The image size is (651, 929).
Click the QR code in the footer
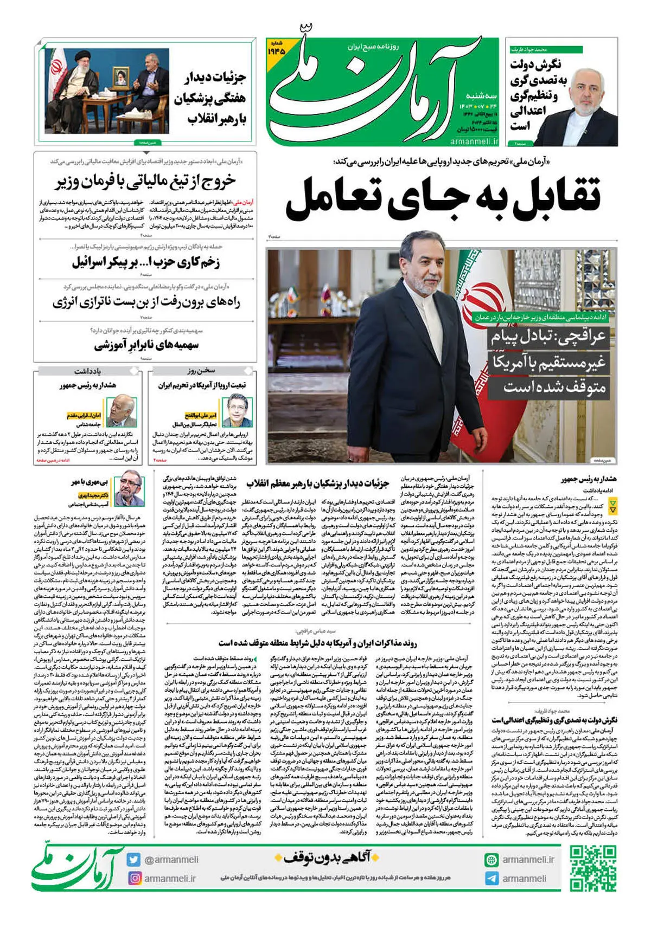593,868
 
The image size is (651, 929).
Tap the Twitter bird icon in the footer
134,860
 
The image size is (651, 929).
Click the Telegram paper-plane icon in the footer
492,879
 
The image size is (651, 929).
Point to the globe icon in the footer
492,860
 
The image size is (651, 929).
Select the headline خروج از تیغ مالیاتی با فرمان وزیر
145,181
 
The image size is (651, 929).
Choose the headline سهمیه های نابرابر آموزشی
146,345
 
